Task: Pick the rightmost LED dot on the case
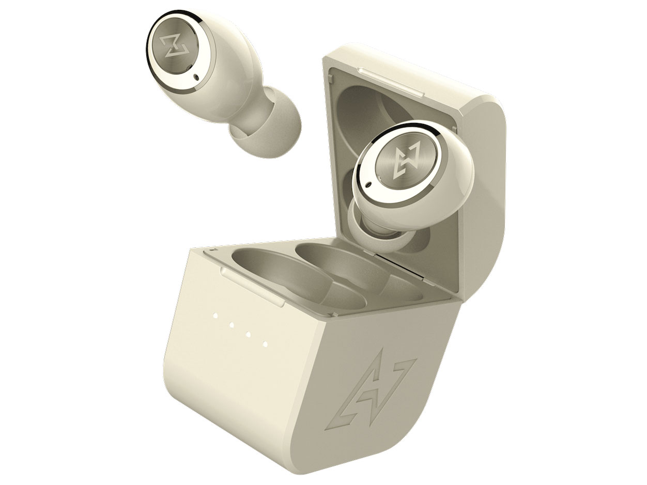[265, 343]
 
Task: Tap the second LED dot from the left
[232, 325]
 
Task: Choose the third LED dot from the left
[249, 334]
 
